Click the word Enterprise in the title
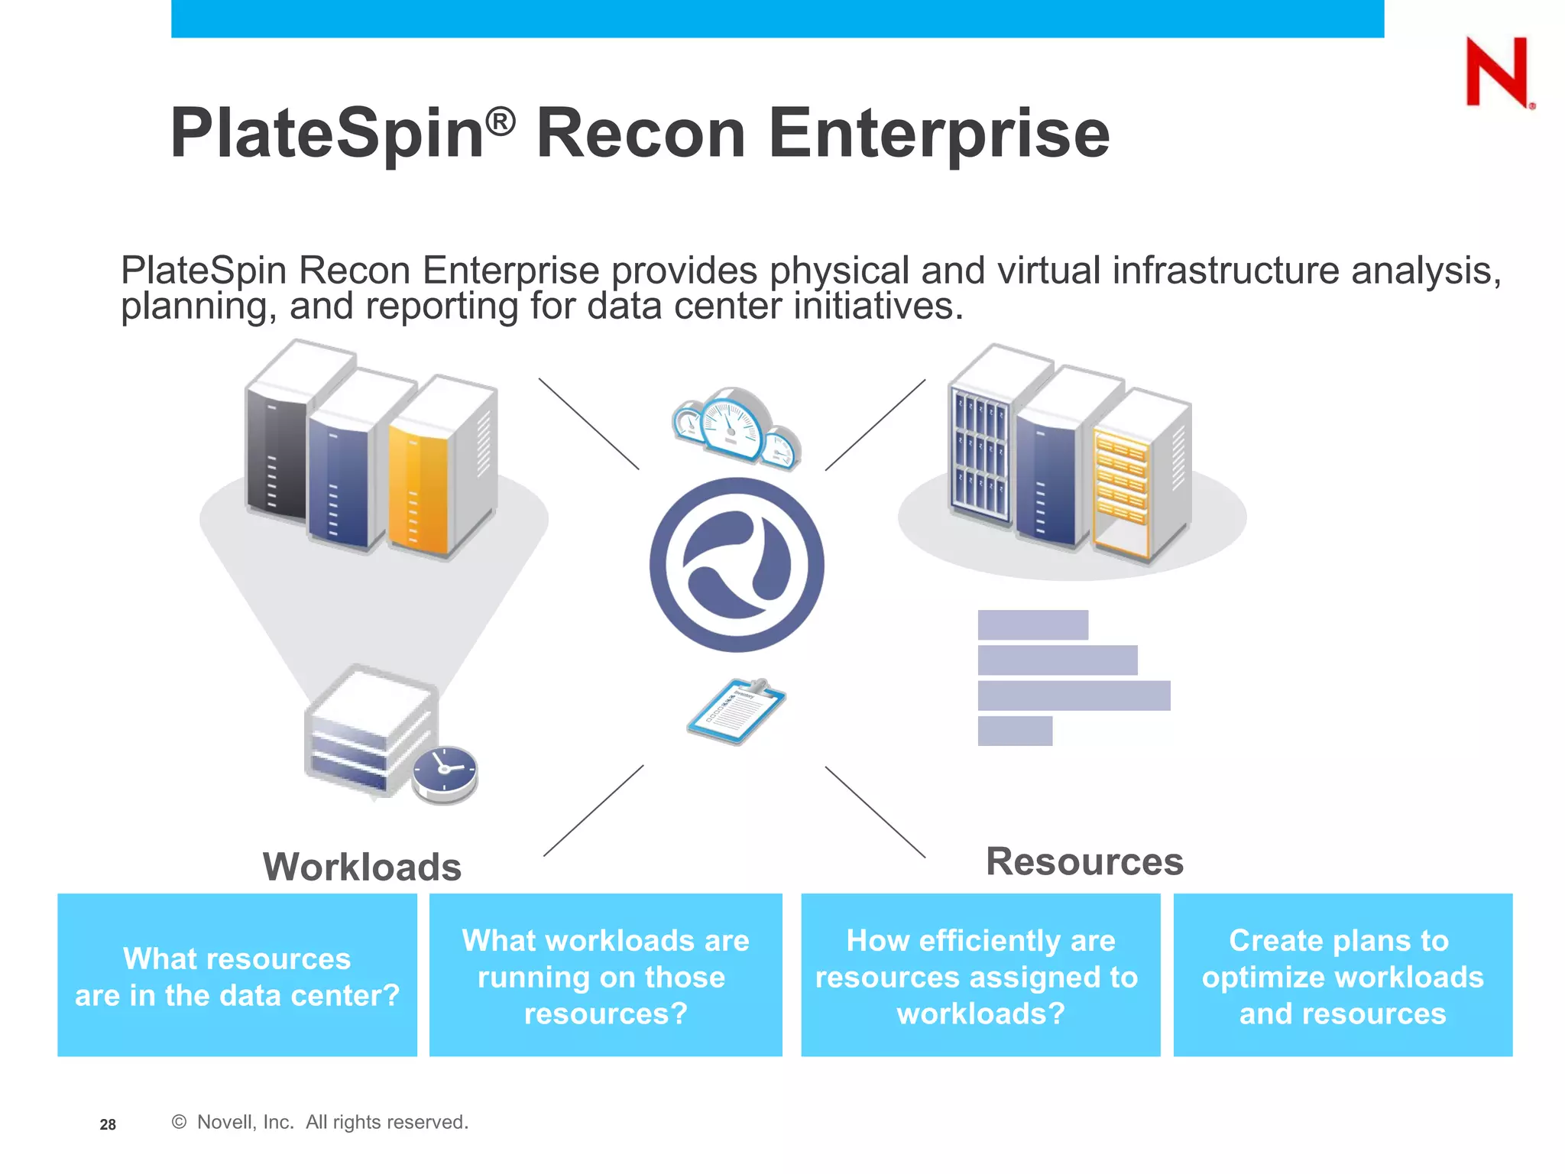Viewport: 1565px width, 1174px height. (x=938, y=134)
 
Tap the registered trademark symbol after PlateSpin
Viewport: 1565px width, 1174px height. (x=501, y=122)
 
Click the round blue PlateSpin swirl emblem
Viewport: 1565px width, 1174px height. (x=737, y=565)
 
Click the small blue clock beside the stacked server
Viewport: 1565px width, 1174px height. (x=445, y=773)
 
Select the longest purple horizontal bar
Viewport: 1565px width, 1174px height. (x=1074, y=696)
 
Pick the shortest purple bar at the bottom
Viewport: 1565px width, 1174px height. (x=1015, y=731)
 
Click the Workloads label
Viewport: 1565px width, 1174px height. (x=362, y=867)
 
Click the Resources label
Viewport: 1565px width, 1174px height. (x=1084, y=861)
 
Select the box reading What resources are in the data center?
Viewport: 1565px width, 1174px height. (x=237, y=975)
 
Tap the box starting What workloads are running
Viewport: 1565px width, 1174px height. (x=605, y=975)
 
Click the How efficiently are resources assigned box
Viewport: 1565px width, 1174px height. (x=980, y=975)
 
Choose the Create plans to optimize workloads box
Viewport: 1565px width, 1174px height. (x=1342, y=975)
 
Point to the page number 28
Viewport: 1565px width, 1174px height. (x=108, y=1124)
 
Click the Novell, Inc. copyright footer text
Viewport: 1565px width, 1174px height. (x=320, y=1122)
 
